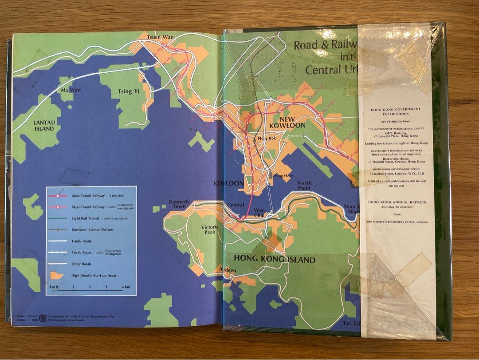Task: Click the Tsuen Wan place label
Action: coord(160,37)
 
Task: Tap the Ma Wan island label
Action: coord(71,90)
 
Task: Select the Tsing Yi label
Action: coord(125,91)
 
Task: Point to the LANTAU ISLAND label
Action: coord(43,126)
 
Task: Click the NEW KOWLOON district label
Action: coord(287,122)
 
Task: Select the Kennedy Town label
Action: coord(179,204)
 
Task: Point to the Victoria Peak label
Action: coord(209,229)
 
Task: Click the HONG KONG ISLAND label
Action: coord(275,260)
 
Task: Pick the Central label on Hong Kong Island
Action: coord(236,205)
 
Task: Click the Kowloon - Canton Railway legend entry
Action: coord(93,229)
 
